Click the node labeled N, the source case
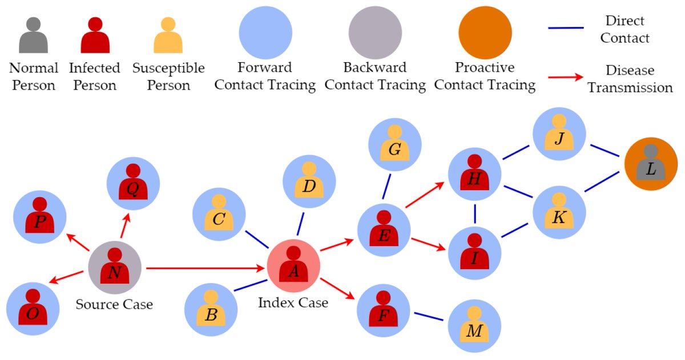(x=115, y=268)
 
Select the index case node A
(x=293, y=266)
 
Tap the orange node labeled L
(x=651, y=164)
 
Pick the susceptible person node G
(x=395, y=145)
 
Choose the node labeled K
(x=559, y=212)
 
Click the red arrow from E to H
(x=425, y=195)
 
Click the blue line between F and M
(x=429, y=317)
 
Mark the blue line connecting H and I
(x=476, y=214)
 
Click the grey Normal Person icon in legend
(x=33, y=35)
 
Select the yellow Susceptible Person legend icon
(x=168, y=35)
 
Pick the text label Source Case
(x=114, y=305)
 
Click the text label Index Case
(x=293, y=303)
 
